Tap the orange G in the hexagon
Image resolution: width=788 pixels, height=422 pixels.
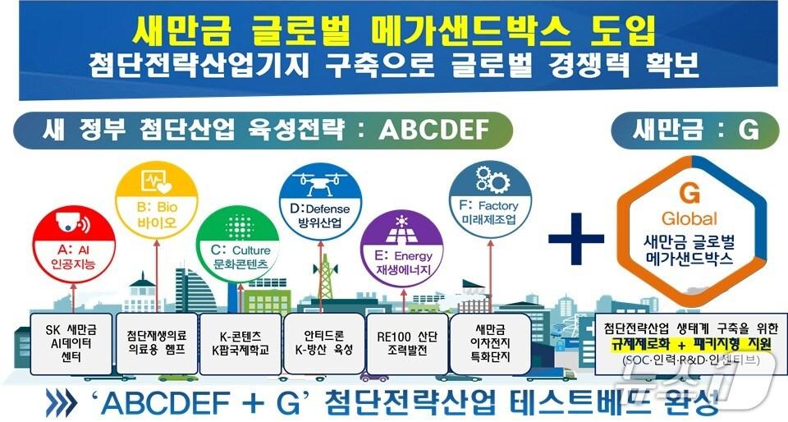coord(690,195)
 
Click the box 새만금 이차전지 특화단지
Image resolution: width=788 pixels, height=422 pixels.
coord(491,342)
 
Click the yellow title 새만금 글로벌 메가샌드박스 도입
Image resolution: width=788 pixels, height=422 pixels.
coord(394,34)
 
